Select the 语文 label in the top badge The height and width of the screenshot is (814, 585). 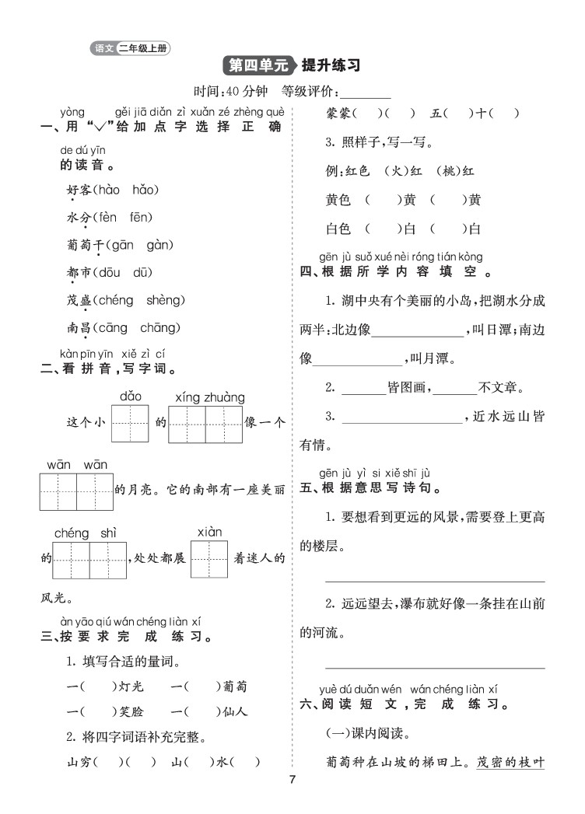tap(103, 49)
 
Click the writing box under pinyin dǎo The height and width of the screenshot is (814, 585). tap(130, 424)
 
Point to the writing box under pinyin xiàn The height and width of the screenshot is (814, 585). tap(208, 559)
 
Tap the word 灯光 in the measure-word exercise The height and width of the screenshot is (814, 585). tap(129, 686)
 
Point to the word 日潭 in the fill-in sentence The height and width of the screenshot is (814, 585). tap(495, 329)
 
